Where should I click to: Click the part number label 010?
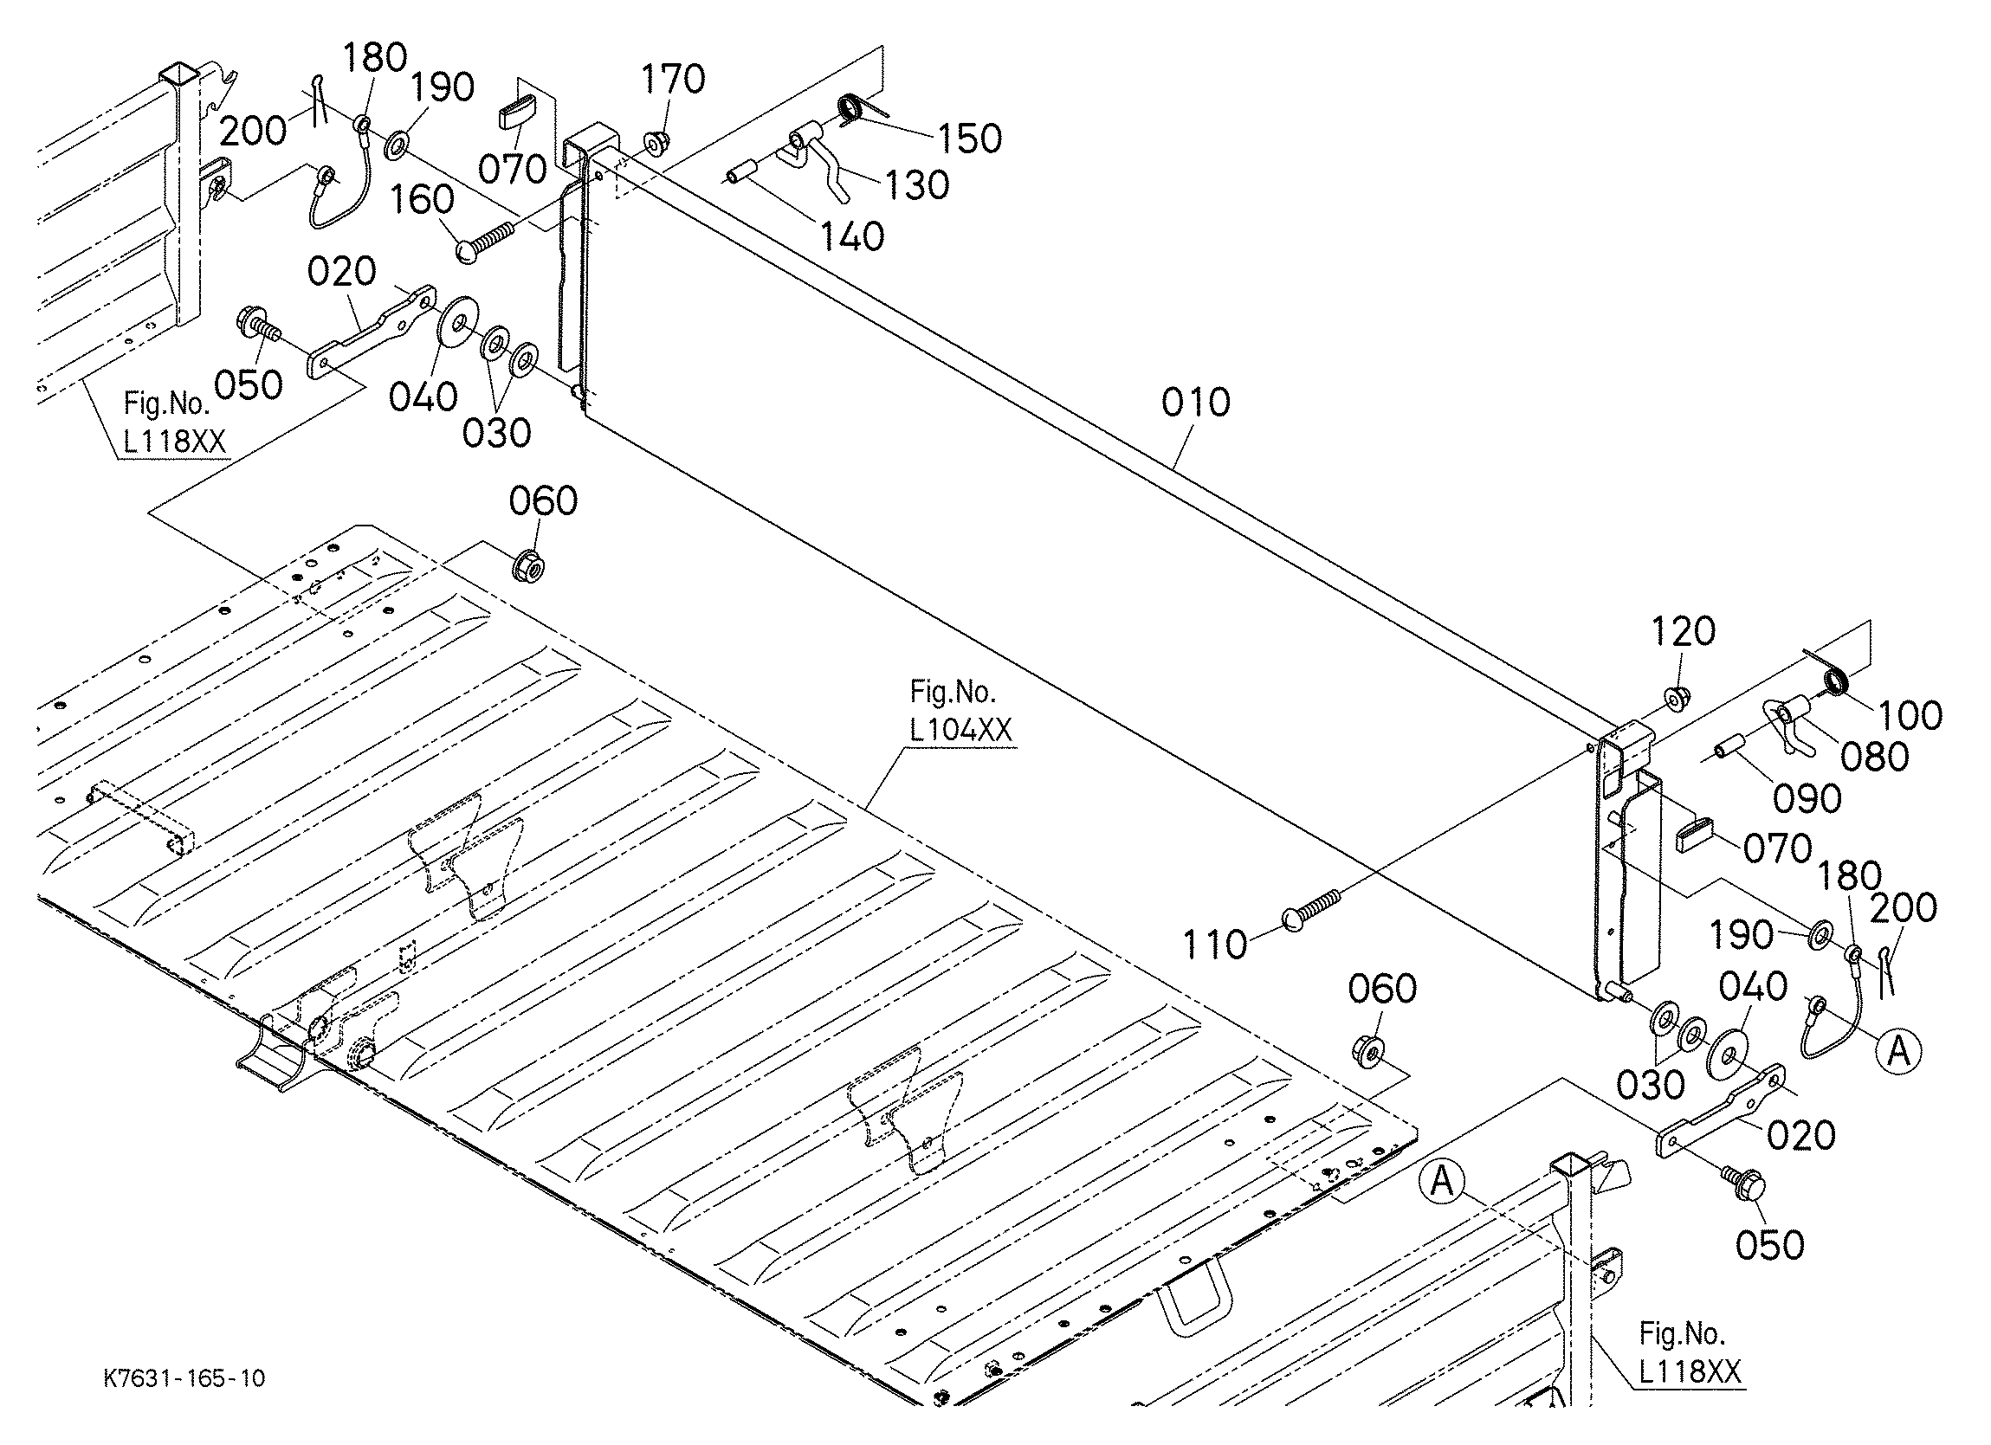1195,402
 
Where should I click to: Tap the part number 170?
672,79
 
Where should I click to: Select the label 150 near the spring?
968,139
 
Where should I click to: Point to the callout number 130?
916,185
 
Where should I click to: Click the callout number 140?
850,236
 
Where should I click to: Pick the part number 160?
422,200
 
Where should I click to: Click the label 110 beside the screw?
1214,945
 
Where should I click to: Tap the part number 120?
1683,631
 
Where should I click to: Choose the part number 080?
1874,757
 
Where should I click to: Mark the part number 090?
1806,799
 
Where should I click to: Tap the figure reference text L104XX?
962,730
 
